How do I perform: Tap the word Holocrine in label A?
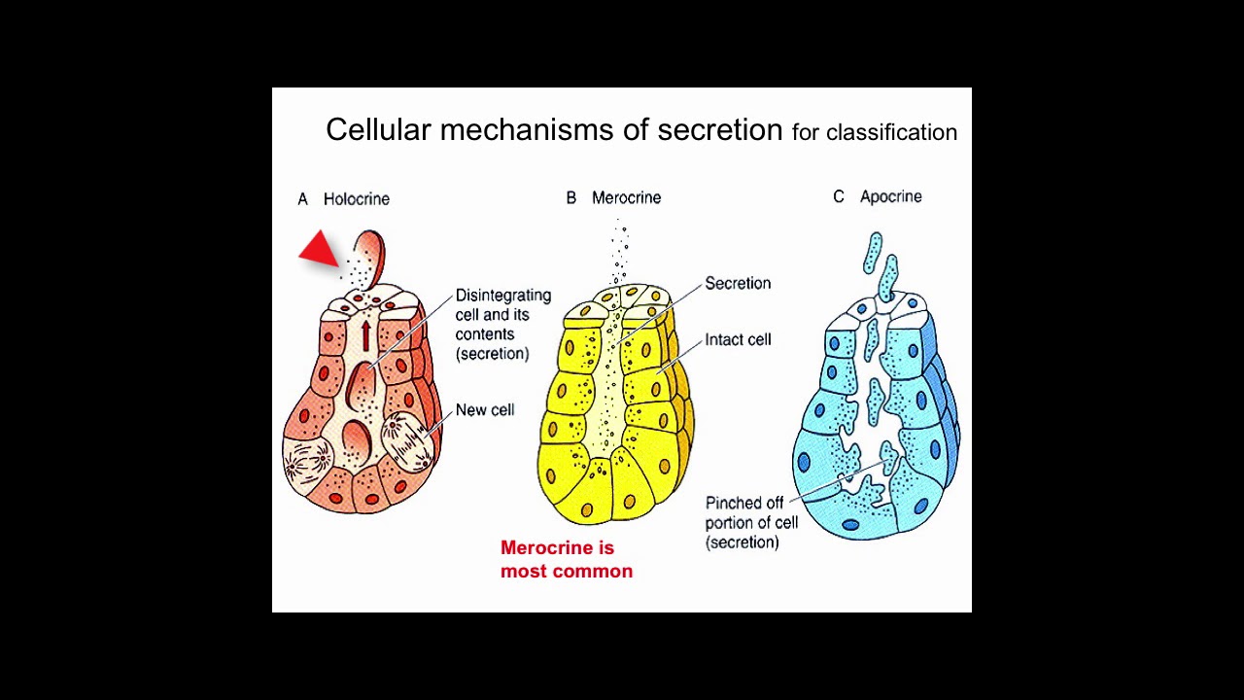[357, 198]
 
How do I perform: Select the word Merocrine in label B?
[626, 197]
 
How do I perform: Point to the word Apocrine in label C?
[890, 196]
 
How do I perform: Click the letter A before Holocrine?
[302, 198]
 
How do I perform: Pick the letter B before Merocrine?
[571, 197]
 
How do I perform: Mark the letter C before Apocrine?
[839, 196]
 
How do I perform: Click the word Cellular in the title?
[378, 130]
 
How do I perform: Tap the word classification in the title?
[891, 132]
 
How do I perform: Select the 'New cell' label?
[485, 409]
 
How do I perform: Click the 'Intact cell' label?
[738, 339]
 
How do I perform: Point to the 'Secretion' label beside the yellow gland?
[738, 283]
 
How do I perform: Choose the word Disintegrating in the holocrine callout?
[503, 295]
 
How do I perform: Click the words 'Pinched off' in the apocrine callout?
[744, 503]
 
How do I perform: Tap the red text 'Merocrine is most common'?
[566, 559]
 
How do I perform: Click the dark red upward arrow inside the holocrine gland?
[366, 334]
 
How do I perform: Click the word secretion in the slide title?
[719, 130]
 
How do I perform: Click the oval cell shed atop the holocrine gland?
[370, 256]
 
